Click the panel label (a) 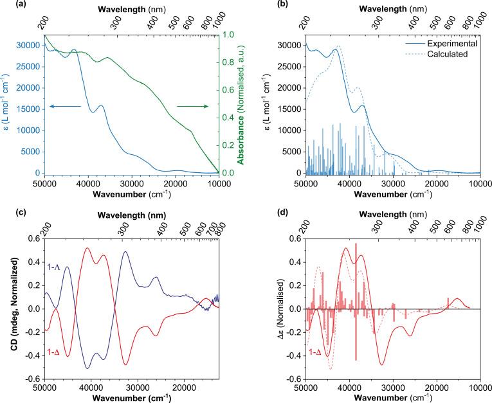7,6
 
